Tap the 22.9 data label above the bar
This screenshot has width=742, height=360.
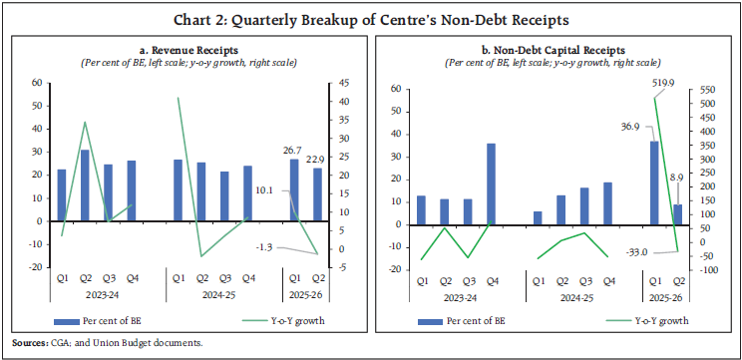pyautogui.click(x=317, y=158)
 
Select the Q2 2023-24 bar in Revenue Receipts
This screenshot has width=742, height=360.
pyautogui.click(x=85, y=185)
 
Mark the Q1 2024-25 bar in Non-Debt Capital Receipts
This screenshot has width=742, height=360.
pyautogui.click(x=538, y=218)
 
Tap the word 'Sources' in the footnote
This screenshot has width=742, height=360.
pyautogui.click(x=26, y=343)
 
